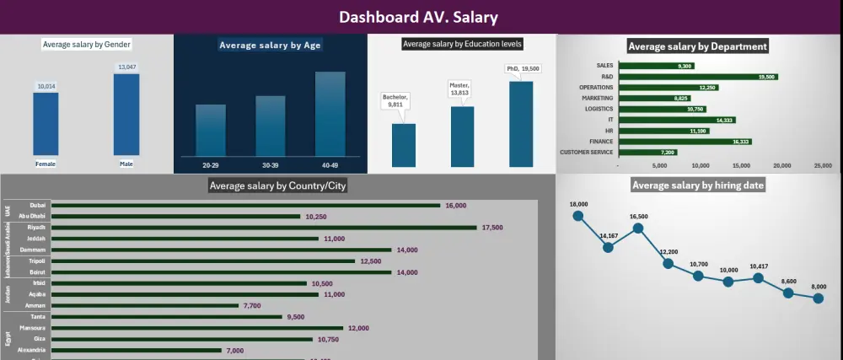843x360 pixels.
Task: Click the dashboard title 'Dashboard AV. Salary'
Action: [x=418, y=17]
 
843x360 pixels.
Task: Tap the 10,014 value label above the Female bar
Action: [x=46, y=86]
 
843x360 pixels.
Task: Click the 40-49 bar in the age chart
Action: [x=330, y=113]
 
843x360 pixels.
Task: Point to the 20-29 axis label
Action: [x=210, y=165]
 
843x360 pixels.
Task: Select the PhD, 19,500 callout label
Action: [x=523, y=68]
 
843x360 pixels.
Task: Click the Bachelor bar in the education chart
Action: [x=403, y=145]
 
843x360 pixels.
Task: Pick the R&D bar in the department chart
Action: [x=697, y=76]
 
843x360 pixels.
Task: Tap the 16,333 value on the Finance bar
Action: [x=741, y=142]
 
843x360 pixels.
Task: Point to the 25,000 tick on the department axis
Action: [x=821, y=166]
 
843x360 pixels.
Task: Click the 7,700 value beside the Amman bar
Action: [x=253, y=305]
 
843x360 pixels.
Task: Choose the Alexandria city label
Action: [x=32, y=350]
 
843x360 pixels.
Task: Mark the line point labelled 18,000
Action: [x=578, y=216]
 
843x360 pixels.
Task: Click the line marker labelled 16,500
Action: [x=638, y=228]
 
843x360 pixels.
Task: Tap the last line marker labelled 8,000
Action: [x=818, y=298]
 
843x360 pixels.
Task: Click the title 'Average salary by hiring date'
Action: [x=698, y=185]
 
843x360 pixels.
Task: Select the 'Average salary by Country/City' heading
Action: [x=277, y=185]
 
